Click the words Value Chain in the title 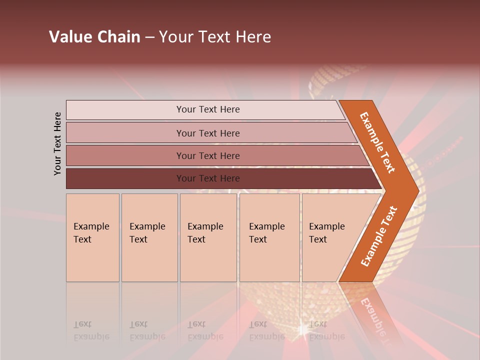(94, 37)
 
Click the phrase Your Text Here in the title (215, 37)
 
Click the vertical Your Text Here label (57, 143)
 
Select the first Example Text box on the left (92, 237)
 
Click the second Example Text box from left (149, 237)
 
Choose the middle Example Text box (208, 237)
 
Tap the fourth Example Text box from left (269, 237)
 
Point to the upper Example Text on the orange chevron (377, 142)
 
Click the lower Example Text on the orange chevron (379, 236)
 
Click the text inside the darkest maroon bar (208, 178)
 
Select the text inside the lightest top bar (208, 109)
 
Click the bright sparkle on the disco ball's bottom (302, 330)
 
